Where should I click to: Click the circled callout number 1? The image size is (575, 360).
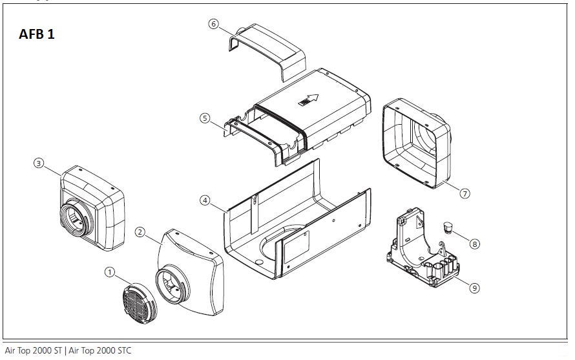(x=109, y=273)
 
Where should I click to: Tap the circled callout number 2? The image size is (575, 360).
(x=140, y=231)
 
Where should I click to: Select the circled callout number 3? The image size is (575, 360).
(x=39, y=164)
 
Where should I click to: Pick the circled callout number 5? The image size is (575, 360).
(x=204, y=118)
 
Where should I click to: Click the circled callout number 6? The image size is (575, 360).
(x=214, y=23)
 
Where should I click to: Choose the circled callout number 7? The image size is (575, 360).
(x=465, y=193)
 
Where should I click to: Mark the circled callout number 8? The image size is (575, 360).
(x=475, y=244)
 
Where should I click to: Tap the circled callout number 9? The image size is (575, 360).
(x=475, y=288)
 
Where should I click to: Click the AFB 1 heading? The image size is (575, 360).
(x=37, y=34)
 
